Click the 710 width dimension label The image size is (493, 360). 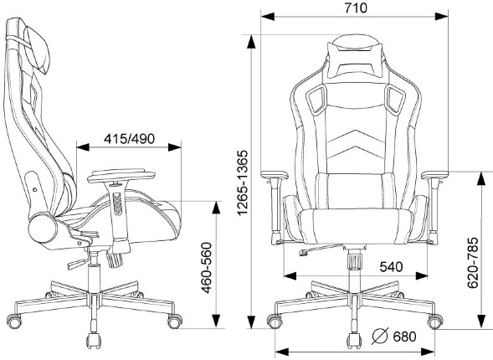(x=356, y=8)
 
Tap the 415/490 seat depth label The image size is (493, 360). (x=129, y=139)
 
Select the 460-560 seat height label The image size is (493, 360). (x=207, y=268)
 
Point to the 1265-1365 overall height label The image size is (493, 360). (x=243, y=183)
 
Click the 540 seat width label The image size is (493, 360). (x=391, y=267)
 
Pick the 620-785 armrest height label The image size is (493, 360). (x=473, y=263)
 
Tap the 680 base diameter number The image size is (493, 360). (x=404, y=337)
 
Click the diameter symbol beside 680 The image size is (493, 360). (x=380, y=337)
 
